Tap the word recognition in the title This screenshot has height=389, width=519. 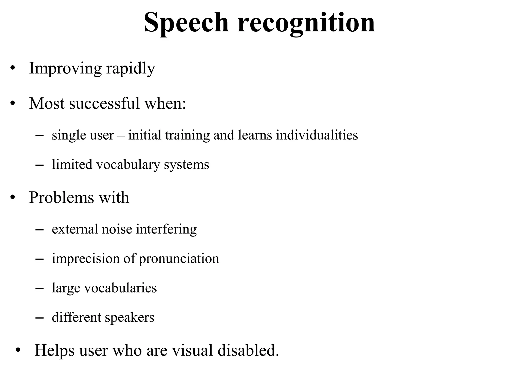[x=306, y=23]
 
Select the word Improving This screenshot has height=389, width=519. [x=65, y=68]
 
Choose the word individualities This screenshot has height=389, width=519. [x=317, y=135]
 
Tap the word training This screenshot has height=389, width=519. [x=187, y=135]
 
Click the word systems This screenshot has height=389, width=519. [x=187, y=165]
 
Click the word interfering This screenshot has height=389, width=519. [x=166, y=229]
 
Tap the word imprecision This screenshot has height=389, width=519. [x=86, y=259]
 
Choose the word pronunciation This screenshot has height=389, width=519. [x=179, y=259]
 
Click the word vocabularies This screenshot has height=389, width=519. [x=120, y=288]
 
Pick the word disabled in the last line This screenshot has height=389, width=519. [x=248, y=350]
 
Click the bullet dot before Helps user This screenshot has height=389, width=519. [x=17, y=350]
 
